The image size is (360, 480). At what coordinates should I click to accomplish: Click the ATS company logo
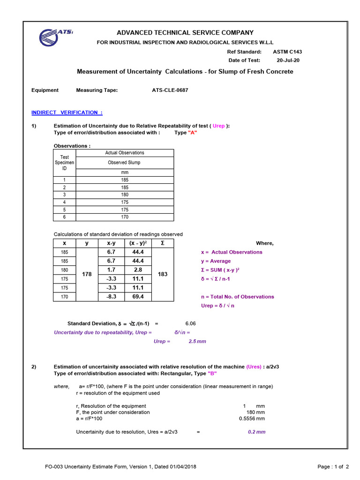[56, 37]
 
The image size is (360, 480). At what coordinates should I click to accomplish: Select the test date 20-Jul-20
[288, 60]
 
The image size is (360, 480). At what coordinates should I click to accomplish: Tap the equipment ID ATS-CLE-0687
[170, 90]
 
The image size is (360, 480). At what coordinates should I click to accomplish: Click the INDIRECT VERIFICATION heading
[67, 112]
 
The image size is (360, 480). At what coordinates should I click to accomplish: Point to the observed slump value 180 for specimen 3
[124, 195]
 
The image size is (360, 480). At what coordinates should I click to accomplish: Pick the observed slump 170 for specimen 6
[124, 217]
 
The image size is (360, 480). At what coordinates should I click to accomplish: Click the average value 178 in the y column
[87, 274]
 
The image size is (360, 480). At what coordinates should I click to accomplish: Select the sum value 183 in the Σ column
[163, 274]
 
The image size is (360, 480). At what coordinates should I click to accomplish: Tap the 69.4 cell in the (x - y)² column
[138, 297]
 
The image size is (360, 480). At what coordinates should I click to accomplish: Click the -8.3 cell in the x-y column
[112, 297]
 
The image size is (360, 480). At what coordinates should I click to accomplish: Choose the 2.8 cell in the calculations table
[138, 270]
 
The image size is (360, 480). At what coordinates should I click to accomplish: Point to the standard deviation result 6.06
[191, 323]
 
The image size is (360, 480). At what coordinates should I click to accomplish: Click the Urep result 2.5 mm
[197, 341]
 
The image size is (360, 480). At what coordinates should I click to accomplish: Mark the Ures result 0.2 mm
[256, 432]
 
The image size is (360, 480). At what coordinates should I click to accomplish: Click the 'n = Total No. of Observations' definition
[237, 297]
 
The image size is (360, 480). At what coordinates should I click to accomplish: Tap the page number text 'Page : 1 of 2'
[333, 466]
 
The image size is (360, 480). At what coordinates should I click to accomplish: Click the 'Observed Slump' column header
[124, 163]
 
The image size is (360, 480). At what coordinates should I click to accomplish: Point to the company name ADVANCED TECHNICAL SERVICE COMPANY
[185, 33]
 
